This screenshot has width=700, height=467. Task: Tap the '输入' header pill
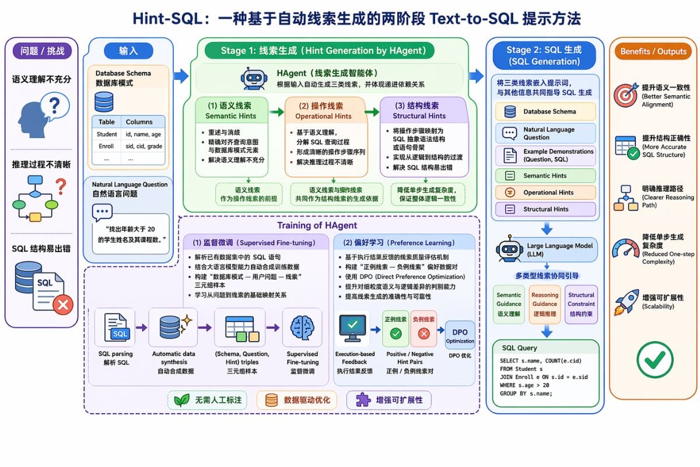(x=128, y=51)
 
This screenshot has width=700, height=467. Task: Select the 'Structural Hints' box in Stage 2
(x=545, y=209)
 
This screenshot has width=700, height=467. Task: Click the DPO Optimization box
(x=460, y=336)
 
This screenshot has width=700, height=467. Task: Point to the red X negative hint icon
(x=423, y=334)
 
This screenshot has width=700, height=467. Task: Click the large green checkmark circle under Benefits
(x=654, y=359)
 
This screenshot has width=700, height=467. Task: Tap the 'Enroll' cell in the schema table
(x=107, y=146)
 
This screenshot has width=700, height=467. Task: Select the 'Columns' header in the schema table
(x=139, y=122)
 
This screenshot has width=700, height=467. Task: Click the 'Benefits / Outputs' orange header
(x=653, y=51)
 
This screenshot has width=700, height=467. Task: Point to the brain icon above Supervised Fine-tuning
(x=302, y=328)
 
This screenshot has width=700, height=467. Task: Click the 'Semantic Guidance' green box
(x=509, y=304)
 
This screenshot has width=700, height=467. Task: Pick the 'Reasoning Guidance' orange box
(x=545, y=304)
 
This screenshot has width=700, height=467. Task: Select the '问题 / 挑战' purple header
(x=42, y=51)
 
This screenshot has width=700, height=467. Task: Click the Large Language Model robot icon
(x=509, y=249)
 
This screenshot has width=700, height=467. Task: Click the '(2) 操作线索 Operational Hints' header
(x=327, y=110)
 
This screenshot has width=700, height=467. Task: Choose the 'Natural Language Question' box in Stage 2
(x=545, y=133)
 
